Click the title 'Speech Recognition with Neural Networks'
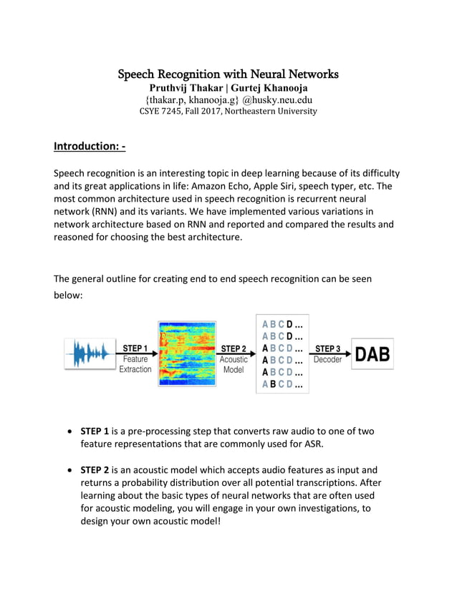click(228, 74)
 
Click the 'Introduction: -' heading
click(90, 147)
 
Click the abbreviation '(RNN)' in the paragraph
click(103, 213)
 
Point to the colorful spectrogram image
click(187, 353)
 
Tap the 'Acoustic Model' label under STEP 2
click(234, 365)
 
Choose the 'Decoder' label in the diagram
click(327, 360)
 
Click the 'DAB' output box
click(372, 353)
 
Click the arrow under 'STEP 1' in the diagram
click(135, 353)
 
